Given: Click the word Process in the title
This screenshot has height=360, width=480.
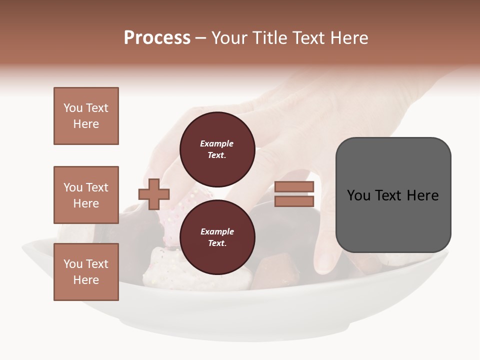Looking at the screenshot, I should point(157,38).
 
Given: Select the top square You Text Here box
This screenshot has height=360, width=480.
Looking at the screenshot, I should point(86,116).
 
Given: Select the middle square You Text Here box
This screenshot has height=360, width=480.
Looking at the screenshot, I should point(86,195).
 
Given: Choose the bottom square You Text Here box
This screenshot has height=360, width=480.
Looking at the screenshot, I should point(86,272).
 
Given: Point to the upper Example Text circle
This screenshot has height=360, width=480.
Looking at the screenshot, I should point(217,149).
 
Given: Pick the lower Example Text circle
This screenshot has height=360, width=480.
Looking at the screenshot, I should point(217,237).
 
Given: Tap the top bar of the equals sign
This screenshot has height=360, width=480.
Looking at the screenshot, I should point(294,187).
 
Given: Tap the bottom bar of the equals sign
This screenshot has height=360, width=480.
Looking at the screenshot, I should point(294,201).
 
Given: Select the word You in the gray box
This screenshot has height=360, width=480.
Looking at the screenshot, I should point(358,195).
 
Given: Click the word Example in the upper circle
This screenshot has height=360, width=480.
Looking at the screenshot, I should point(217,143).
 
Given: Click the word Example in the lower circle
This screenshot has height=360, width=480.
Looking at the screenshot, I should point(217,231).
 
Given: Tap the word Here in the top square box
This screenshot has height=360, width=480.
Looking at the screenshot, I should point(86,124).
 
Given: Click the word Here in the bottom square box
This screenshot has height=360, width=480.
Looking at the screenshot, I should point(86,280).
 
